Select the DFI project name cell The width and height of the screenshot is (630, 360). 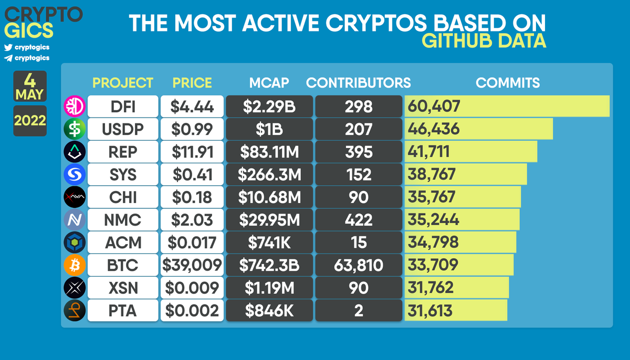pos(123,107)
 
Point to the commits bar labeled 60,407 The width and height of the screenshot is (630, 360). pos(507,107)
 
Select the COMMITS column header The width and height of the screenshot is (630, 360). pos(508,82)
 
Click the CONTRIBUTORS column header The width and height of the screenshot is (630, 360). pos(359,82)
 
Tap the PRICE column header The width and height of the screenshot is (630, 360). pos(192,82)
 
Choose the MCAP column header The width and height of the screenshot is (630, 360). pos(269,82)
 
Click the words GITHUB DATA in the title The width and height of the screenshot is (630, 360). pos(484,41)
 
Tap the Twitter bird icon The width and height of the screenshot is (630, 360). pos(8,47)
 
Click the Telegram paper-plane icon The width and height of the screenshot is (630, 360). pos(8,58)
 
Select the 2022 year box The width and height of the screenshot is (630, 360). pos(30,120)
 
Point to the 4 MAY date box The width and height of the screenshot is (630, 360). pos(30,86)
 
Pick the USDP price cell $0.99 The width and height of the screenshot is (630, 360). pos(192,129)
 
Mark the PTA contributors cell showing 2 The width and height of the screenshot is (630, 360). pos(359,310)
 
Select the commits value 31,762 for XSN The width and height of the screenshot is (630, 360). pos(433,288)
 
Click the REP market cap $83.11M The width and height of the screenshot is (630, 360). pos(269,152)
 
